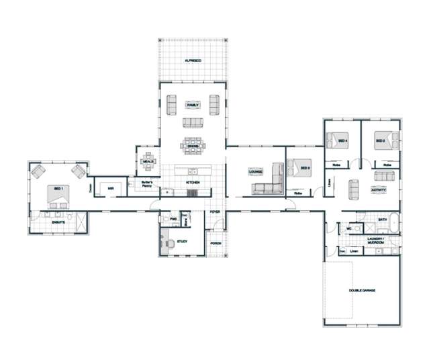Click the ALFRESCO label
[193, 61]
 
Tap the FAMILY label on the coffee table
[193, 105]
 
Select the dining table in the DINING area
[193, 144]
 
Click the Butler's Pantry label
[148, 183]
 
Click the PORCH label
[215, 243]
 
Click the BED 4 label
[342, 140]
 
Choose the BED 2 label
[380, 140]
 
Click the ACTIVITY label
[378, 190]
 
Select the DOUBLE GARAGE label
[361, 290]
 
